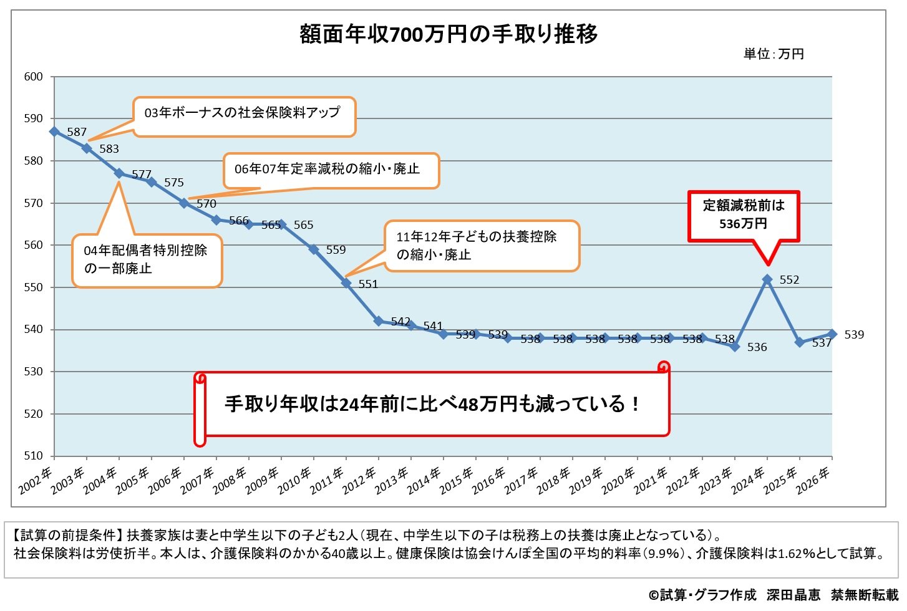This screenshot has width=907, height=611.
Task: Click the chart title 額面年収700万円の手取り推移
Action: click(449, 34)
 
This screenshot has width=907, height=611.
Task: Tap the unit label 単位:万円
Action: click(774, 54)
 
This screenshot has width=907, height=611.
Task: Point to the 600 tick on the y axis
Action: click(34, 77)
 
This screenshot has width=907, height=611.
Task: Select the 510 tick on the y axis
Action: click(34, 456)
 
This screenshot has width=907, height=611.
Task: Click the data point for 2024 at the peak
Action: click(767, 279)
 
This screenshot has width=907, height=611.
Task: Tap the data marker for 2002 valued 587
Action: click(54, 132)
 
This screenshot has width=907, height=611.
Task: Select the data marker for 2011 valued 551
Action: click(346, 283)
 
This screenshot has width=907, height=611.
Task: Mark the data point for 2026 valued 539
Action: click(832, 334)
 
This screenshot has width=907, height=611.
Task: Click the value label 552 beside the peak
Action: click(789, 280)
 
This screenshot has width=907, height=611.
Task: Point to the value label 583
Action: click(109, 149)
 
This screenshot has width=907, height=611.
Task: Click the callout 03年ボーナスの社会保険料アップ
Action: click(243, 113)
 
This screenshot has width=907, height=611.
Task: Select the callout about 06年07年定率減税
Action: click(331, 170)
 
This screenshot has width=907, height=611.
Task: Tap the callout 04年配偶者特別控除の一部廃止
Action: click(147, 260)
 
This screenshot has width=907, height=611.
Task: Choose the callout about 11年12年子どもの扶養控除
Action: click(480, 246)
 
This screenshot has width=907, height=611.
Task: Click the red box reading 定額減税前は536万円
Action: click(743, 215)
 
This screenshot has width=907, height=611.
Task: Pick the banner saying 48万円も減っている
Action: click(432, 404)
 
